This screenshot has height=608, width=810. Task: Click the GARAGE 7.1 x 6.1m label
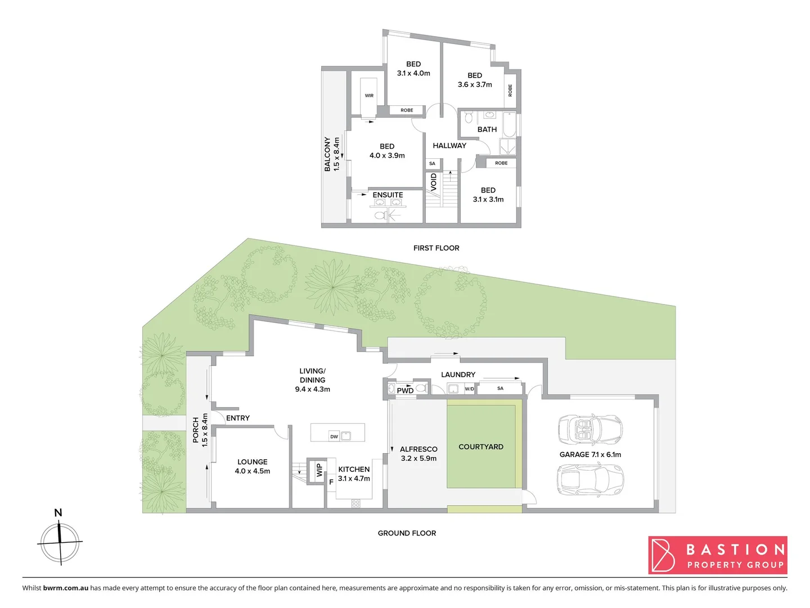590,454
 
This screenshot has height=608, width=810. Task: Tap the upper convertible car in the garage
590,430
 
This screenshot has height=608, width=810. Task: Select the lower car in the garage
590,480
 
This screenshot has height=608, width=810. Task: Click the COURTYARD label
481,446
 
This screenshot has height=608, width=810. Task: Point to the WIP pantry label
319,470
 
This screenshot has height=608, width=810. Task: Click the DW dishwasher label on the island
334,436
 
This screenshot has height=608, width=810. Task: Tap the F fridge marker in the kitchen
331,482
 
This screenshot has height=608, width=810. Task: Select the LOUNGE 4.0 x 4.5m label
253,466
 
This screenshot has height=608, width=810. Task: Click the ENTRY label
238,418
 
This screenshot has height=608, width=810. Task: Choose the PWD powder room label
405,390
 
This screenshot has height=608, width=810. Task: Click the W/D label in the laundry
469,389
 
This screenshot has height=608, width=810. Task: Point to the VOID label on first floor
434,182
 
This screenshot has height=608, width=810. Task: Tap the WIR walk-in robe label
369,96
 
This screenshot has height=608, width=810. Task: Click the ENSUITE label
388,195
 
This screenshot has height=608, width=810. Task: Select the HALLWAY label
449,145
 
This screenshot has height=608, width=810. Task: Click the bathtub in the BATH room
509,124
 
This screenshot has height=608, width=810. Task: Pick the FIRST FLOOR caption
436,248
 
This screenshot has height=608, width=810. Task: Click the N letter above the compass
58,512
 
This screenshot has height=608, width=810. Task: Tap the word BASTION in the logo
735,549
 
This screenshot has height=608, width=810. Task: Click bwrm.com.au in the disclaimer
66,588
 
